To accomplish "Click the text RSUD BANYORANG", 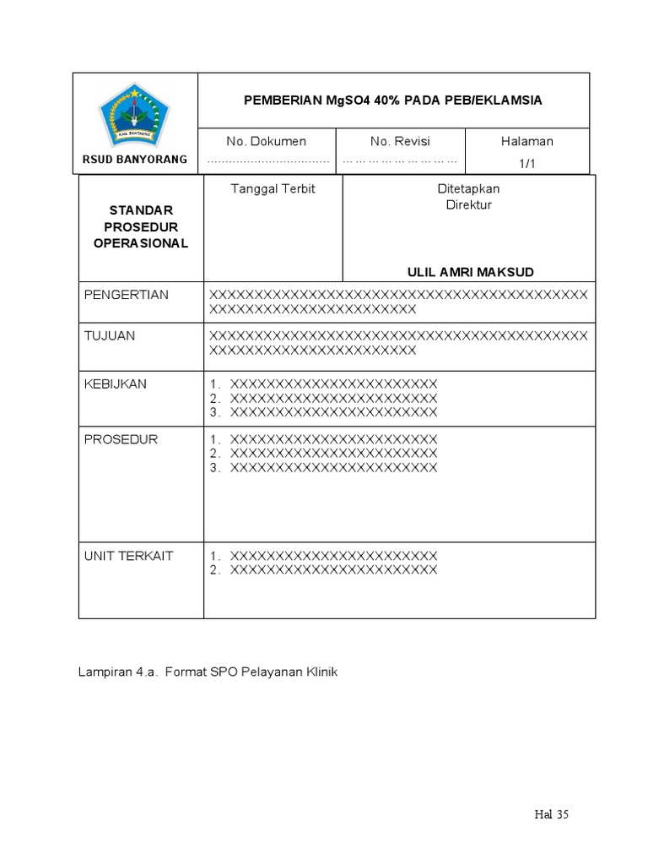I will tap(135, 160).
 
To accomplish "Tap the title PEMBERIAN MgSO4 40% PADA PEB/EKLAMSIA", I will tap(393, 100).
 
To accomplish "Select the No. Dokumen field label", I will tap(267, 141).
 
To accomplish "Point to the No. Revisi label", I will tap(400, 141).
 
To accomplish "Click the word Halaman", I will tap(527, 141).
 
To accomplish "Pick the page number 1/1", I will tap(527, 164).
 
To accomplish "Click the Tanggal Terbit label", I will tap(273, 188).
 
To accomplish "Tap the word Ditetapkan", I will tap(468, 188).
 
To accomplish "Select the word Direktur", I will tap(468, 204).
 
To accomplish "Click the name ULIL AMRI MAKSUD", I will tap(470, 271).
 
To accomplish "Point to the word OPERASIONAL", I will tap(141, 243).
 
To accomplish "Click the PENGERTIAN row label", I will tap(127, 295).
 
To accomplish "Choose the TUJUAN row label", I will tap(110, 335).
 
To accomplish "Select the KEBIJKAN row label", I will tap(116, 384).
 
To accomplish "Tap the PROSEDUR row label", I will tap(121, 439).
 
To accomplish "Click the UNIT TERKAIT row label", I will tap(128, 556).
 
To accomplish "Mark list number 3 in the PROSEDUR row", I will tap(215, 467).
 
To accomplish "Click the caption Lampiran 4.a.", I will tap(117, 672).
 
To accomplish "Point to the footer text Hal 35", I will tap(552, 814).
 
